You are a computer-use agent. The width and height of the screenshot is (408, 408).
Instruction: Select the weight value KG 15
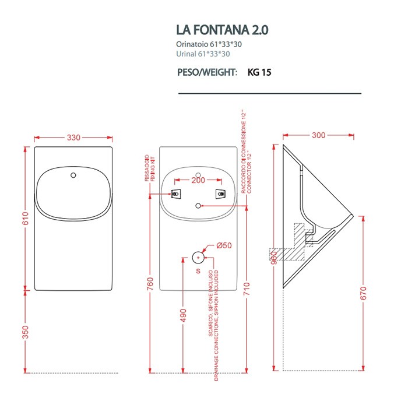[x=259, y=73]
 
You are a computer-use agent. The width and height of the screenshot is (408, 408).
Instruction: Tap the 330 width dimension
[x=73, y=138]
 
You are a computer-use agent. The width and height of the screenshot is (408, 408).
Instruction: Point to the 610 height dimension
[x=25, y=219]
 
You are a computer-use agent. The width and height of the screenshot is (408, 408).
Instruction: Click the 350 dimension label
[x=25, y=332]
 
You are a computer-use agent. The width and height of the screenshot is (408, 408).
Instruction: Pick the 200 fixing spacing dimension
[x=199, y=181]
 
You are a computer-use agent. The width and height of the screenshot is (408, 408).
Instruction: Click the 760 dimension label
[x=150, y=284]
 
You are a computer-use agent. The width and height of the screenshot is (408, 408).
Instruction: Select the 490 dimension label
[x=183, y=315]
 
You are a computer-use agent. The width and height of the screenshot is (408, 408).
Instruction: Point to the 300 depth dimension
[x=318, y=135]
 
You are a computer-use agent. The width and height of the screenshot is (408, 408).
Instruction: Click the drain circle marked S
[x=199, y=257]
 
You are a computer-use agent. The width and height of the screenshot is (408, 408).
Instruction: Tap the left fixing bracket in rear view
[x=175, y=194]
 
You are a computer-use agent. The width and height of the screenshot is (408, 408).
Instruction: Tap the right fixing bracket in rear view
[x=220, y=194]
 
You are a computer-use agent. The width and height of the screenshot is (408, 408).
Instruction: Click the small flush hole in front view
[x=73, y=174]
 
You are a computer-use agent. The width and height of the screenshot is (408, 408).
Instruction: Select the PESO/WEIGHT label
[x=207, y=73]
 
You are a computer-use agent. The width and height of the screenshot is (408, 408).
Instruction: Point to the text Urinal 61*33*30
[x=203, y=54]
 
